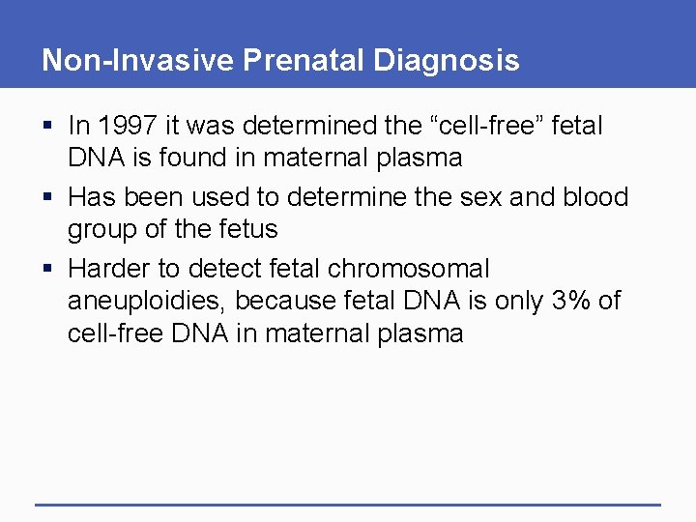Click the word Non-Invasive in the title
[x=137, y=61]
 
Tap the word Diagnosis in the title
[x=446, y=61]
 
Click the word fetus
[x=247, y=229]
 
